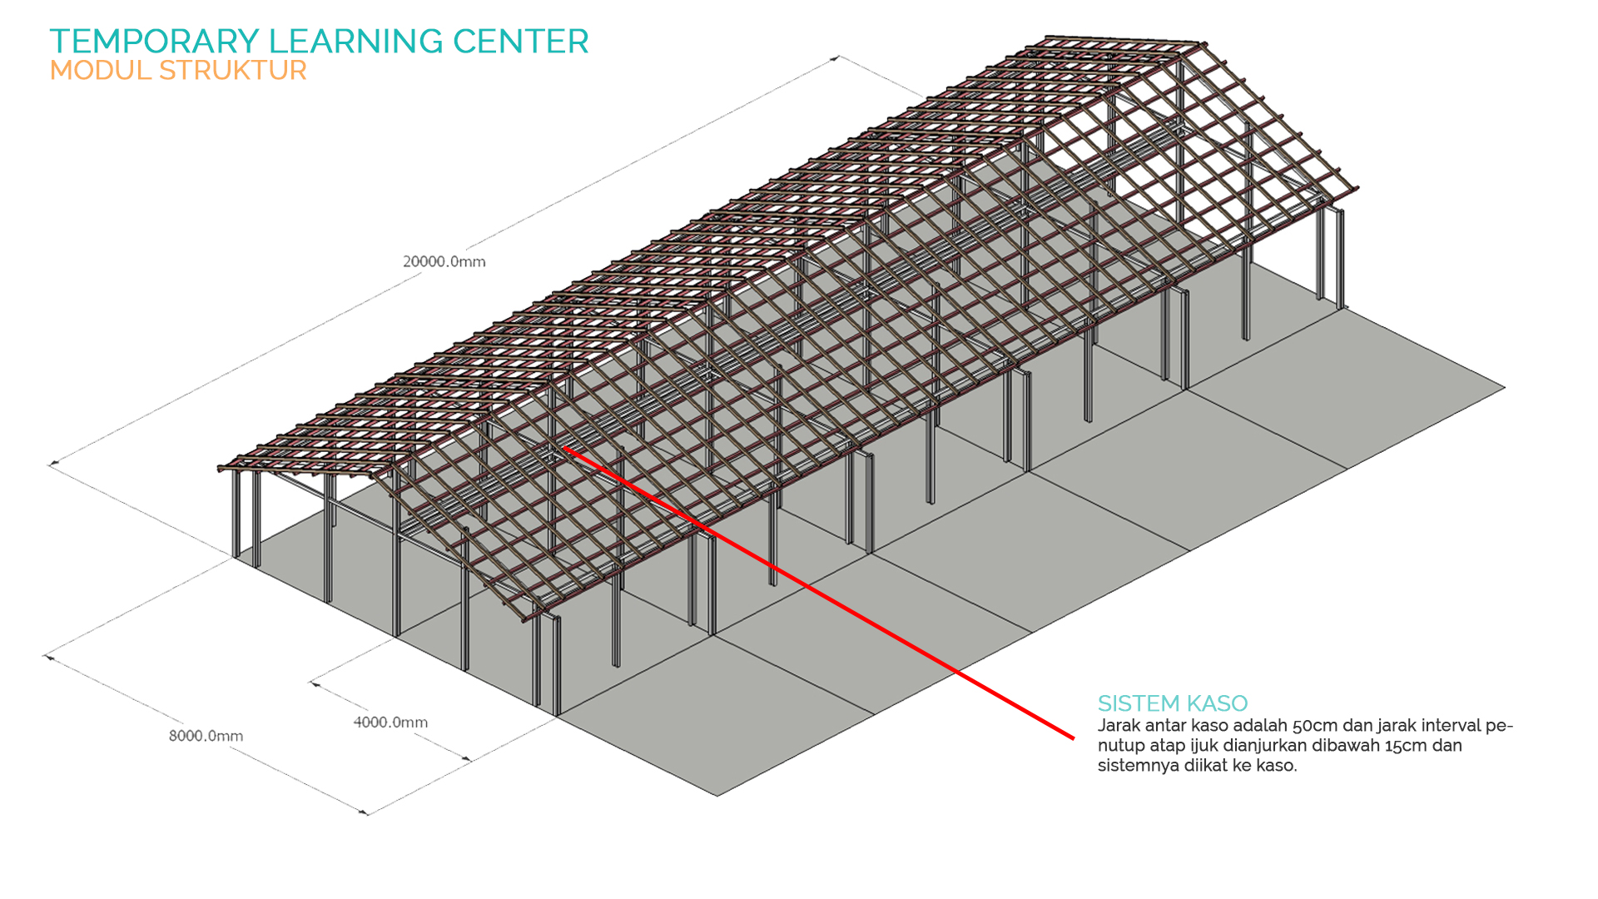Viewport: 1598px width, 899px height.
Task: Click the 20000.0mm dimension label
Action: (x=444, y=261)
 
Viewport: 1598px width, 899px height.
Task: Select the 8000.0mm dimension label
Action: (x=206, y=736)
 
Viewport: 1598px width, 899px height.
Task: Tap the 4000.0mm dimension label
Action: (x=390, y=723)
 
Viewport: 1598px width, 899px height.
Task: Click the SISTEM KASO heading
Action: (x=1172, y=703)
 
